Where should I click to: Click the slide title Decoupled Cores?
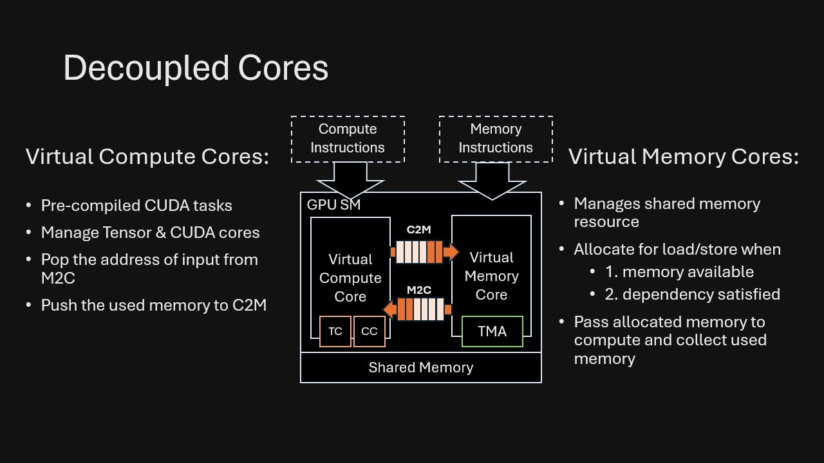196,68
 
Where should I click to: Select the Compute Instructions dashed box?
348,139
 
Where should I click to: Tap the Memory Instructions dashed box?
496,139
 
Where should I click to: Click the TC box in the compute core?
335,331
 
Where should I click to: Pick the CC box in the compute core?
370,331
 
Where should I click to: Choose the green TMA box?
492,331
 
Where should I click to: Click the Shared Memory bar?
421,367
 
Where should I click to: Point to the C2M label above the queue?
418,230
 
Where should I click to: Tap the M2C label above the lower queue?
418,290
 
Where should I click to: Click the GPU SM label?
333,205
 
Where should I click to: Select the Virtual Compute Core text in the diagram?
350,278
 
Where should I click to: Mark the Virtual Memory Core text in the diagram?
491,276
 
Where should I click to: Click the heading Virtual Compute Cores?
147,156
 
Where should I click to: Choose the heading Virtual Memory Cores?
683,156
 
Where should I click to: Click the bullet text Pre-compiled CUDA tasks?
136,206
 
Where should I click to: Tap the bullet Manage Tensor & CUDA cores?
150,232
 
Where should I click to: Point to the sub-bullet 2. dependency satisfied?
693,295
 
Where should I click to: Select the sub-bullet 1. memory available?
679,272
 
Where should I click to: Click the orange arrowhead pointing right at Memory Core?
452,252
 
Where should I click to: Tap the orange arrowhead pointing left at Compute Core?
389,309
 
